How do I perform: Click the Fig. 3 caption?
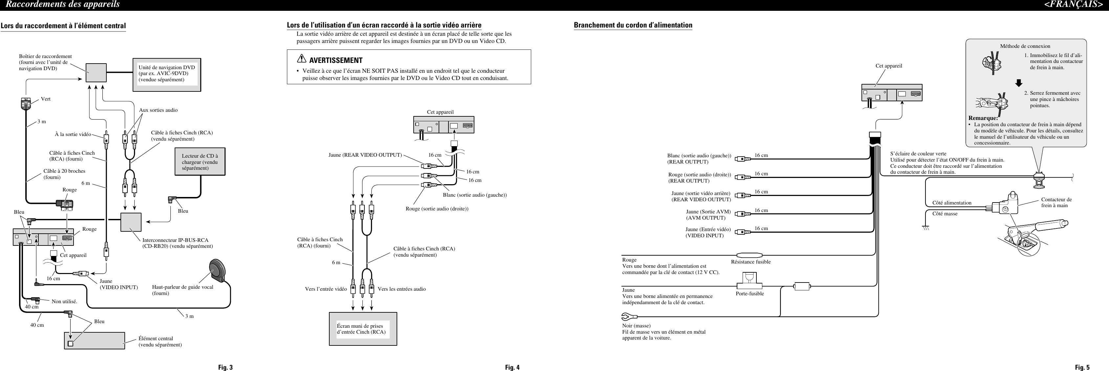pos(225,367)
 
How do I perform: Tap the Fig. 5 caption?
pos(1082,367)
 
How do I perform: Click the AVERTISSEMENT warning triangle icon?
pos(301,59)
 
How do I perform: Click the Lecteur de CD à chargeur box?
pos(200,162)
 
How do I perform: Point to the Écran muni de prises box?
pos(362,329)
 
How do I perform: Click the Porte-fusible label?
pos(750,294)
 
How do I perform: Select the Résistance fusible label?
pos(750,262)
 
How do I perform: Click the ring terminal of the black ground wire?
pos(626,317)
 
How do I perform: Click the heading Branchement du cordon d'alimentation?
pos(633,25)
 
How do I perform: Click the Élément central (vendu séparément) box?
pos(95,341)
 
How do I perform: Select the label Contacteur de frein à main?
pos(1056,203)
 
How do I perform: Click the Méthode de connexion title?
pos(1025,46)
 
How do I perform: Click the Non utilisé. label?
pos(64,302)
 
